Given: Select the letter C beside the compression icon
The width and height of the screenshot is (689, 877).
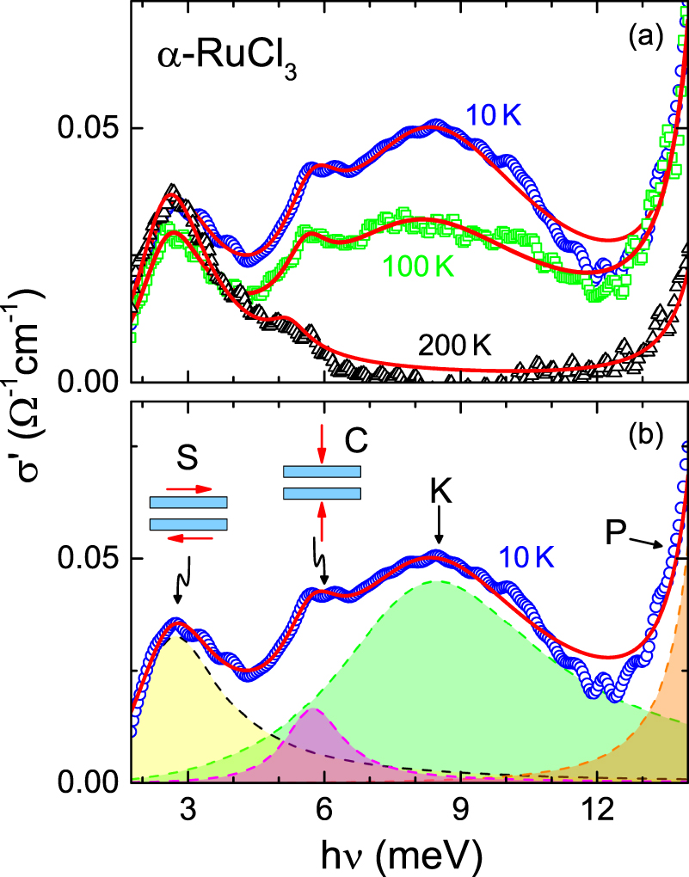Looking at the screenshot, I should pyautogui.click(x=356, y=440).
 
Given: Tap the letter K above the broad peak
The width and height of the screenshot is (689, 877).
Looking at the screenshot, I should pyautogui.click(x=440, y=492).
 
